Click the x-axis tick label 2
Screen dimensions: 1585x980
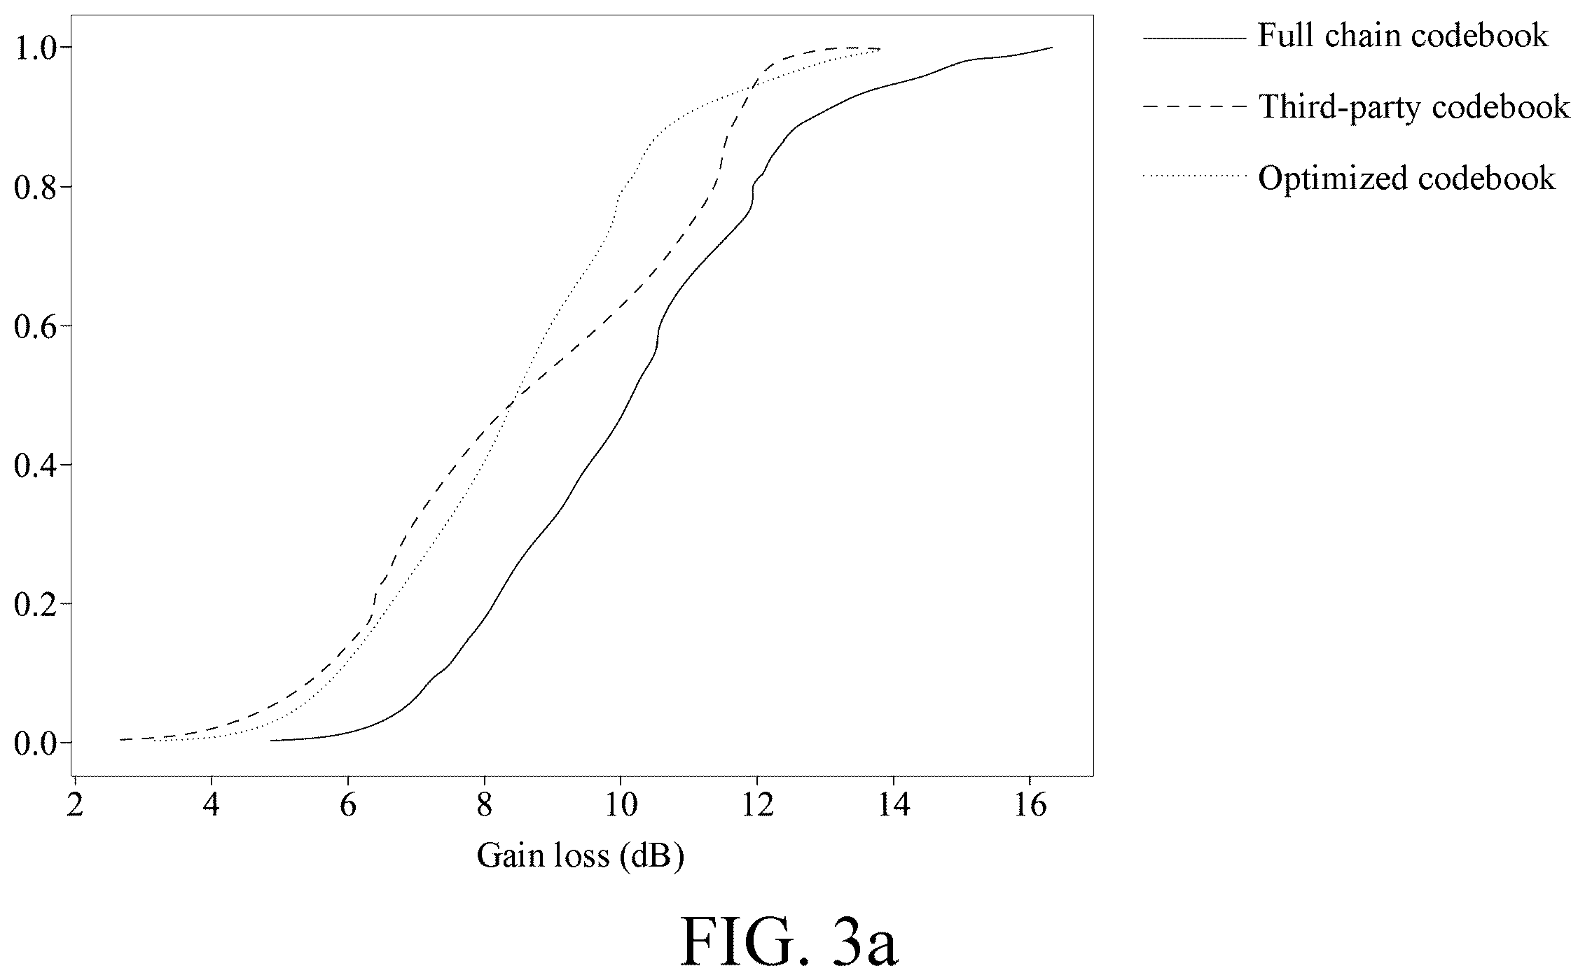74,806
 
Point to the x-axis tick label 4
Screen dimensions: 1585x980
211,806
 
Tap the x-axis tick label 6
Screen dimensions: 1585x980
347,806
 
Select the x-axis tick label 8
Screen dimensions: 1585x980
484,806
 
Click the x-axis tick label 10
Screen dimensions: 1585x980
621,806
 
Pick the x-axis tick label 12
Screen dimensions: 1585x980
757,806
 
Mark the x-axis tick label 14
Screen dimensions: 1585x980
894,806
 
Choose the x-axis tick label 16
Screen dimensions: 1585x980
1030,806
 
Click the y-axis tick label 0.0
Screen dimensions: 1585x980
36,742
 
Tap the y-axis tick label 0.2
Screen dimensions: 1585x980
36,603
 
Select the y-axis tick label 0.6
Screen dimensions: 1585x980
36,325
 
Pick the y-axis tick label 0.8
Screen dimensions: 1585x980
36,187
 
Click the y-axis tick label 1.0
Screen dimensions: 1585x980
36,48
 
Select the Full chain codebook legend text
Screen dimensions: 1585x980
1403,36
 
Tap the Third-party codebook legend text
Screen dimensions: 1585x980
1414,107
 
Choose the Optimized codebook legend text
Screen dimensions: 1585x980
1407,178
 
